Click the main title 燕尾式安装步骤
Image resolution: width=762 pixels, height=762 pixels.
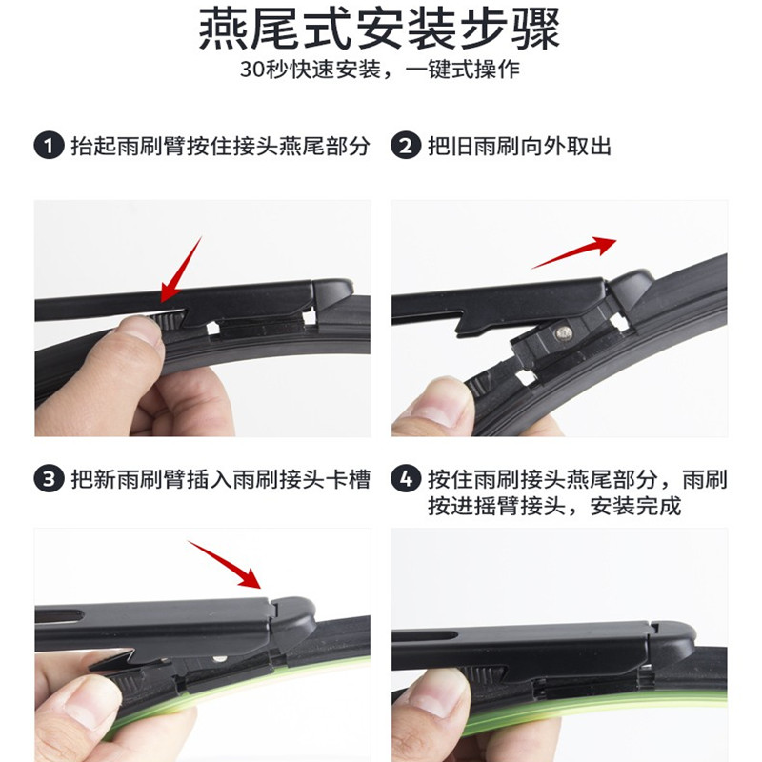click(379, 30)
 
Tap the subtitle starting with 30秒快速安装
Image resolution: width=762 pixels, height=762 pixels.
click(379, 70)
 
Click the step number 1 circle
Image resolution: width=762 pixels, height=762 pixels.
click(49, 146)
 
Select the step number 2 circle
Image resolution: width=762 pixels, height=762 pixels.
click(406, 146)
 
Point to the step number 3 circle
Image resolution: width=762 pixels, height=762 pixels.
click(49, 479)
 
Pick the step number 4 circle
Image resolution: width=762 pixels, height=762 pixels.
click(406, 479)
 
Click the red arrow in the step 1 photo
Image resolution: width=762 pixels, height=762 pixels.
click(181, 270)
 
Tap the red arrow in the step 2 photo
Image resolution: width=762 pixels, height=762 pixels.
click(574, 252)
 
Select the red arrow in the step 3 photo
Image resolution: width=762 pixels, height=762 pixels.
click(225, 565)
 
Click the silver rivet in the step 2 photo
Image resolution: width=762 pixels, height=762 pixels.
click(563, 332)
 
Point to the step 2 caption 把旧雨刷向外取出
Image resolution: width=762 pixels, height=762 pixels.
click(519, 146)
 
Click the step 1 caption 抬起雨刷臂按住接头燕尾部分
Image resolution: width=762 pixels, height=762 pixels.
click(221, 146)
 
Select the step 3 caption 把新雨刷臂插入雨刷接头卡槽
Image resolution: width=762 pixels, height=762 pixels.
click(221, 479)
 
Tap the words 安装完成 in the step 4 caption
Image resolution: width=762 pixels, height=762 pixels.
click(636, 506)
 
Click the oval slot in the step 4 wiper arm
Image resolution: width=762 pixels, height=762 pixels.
click(425, 635)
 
